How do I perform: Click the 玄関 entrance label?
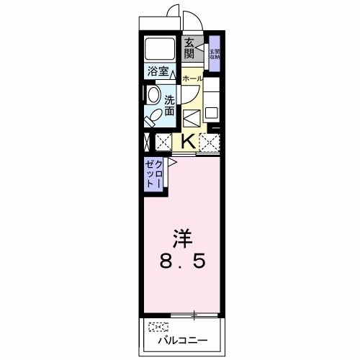[x=189, y=48]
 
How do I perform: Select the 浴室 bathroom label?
[x=158, y=71]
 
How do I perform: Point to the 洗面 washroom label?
[x=169, y=106]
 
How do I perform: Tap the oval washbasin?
[x=153, y=94]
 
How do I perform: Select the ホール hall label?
[x=192, y=78]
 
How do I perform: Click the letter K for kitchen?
[x=186, y=141]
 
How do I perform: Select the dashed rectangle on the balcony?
[x=158, y=326]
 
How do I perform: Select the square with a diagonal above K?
[x=191, y=117]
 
